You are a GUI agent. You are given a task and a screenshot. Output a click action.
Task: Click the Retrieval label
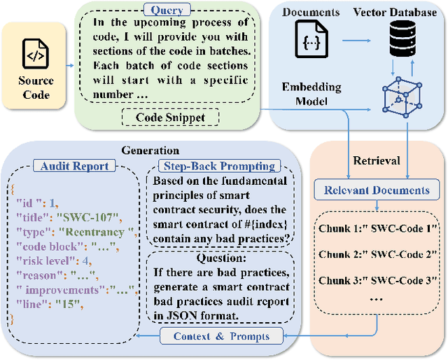pos(377,161)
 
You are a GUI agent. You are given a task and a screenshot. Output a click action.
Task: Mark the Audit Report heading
pos(75,167)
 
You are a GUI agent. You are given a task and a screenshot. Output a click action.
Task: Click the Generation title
pos(150,151)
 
